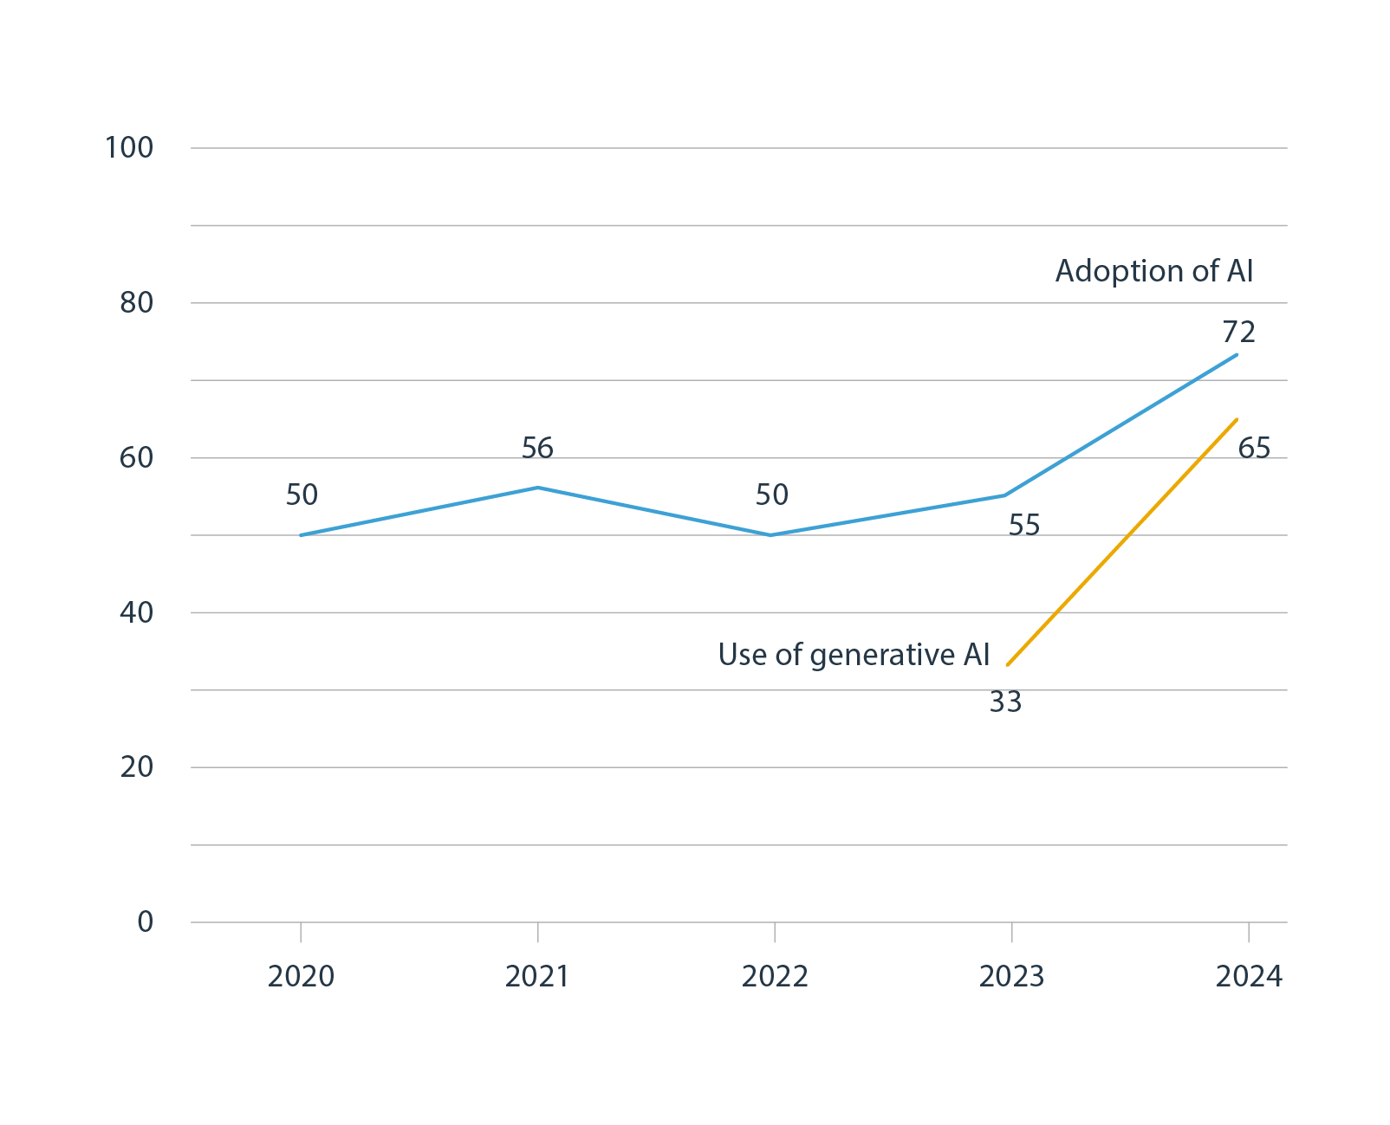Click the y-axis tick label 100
(x=129, y=148)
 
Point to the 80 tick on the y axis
(x=137, y=303)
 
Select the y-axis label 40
(x=137, y=613)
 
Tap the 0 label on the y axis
(x=146, y=922)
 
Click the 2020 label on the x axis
(x=301, y=977)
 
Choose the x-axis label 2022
(x=775, y=977)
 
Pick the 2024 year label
(x=1249, y=977)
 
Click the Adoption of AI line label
(x=1153, y=271)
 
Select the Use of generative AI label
(x=854, y=655)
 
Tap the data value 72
(x=1238, y=332)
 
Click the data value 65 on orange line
(x=1254, y=449)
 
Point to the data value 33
(x=1005, y=702)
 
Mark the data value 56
(x=537, y=449)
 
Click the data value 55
(x=1023, y=526)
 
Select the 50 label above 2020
(x=302, y=495)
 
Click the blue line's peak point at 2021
(x=537, y=488)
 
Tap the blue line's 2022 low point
(x=770, y=535)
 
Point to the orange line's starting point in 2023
(x=1007, y=665)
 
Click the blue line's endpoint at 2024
(x=1237, y=354)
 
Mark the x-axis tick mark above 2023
(x=1011, y=932)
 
